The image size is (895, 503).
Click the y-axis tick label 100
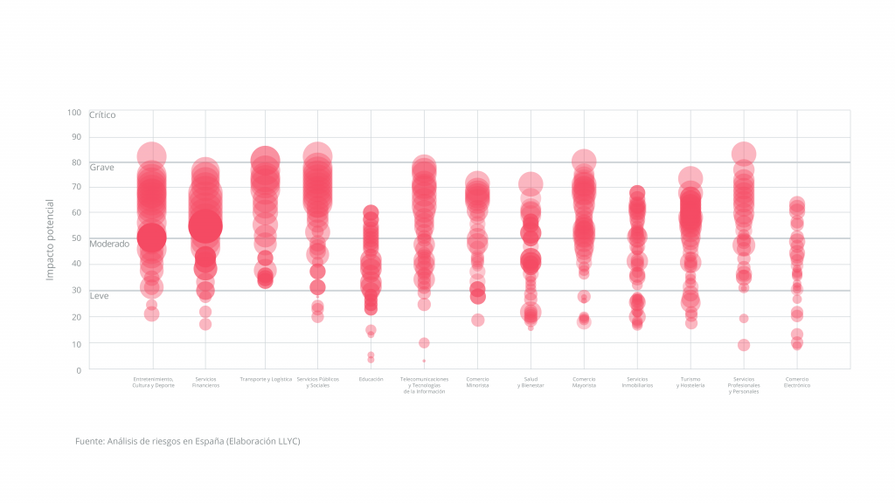click(73, 113)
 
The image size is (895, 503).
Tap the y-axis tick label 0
click(78, 370)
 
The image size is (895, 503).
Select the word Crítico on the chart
click(102, 114)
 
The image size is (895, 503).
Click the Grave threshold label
click(101, 167)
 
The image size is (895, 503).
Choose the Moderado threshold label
click(109, 244)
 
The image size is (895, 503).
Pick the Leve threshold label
click(100, 296)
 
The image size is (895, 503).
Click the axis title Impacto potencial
click(50, 239)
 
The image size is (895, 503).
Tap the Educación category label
click(371, 379)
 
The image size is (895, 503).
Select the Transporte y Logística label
click(265, 379)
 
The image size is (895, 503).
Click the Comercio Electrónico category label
click(797, 382)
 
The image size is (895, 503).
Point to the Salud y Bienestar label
click(531, 382)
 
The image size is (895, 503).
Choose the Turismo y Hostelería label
click(690, 382)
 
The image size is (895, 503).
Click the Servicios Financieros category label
click(205, 382)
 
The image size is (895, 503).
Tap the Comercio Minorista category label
click(477, 382)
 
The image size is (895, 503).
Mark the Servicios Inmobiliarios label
click(637, 382)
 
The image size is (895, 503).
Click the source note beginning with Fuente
click(188, 441)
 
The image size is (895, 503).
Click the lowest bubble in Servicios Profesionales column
click(744, 345)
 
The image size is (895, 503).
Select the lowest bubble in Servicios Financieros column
click(205, 324)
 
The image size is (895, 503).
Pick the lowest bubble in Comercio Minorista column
click(477, 320)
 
